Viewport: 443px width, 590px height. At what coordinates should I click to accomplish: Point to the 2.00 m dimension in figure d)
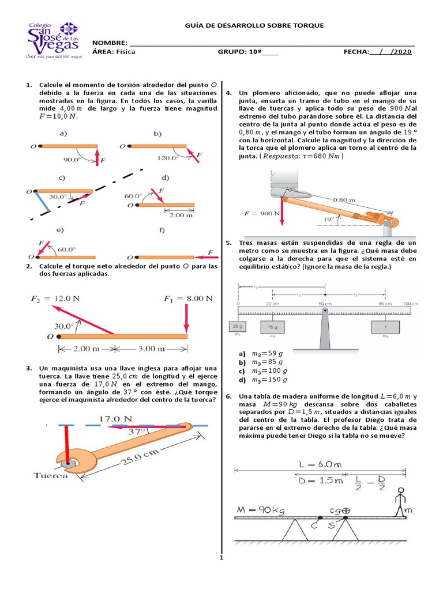pyautogui.click(x=182, y=215)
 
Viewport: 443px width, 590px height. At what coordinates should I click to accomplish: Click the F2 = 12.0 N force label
pyautogui.click(x=59, y=298)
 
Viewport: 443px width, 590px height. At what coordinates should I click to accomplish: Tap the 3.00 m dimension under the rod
pyautogui.click(x=152, y=349)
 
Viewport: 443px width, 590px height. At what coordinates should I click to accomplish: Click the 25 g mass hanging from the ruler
pyautogui.click(x=238, y=327)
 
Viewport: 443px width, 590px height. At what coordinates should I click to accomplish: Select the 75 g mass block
pyautogui.click(x=272, y=327)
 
